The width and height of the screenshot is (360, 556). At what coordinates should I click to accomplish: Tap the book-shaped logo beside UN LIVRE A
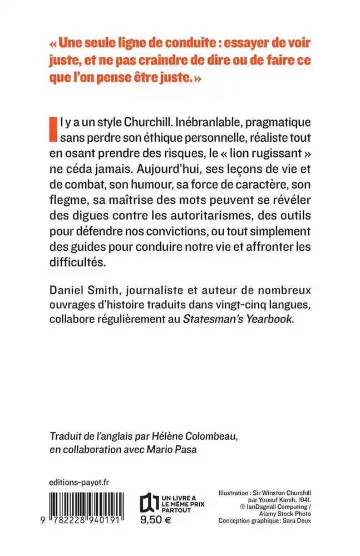[x=147, y=503]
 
